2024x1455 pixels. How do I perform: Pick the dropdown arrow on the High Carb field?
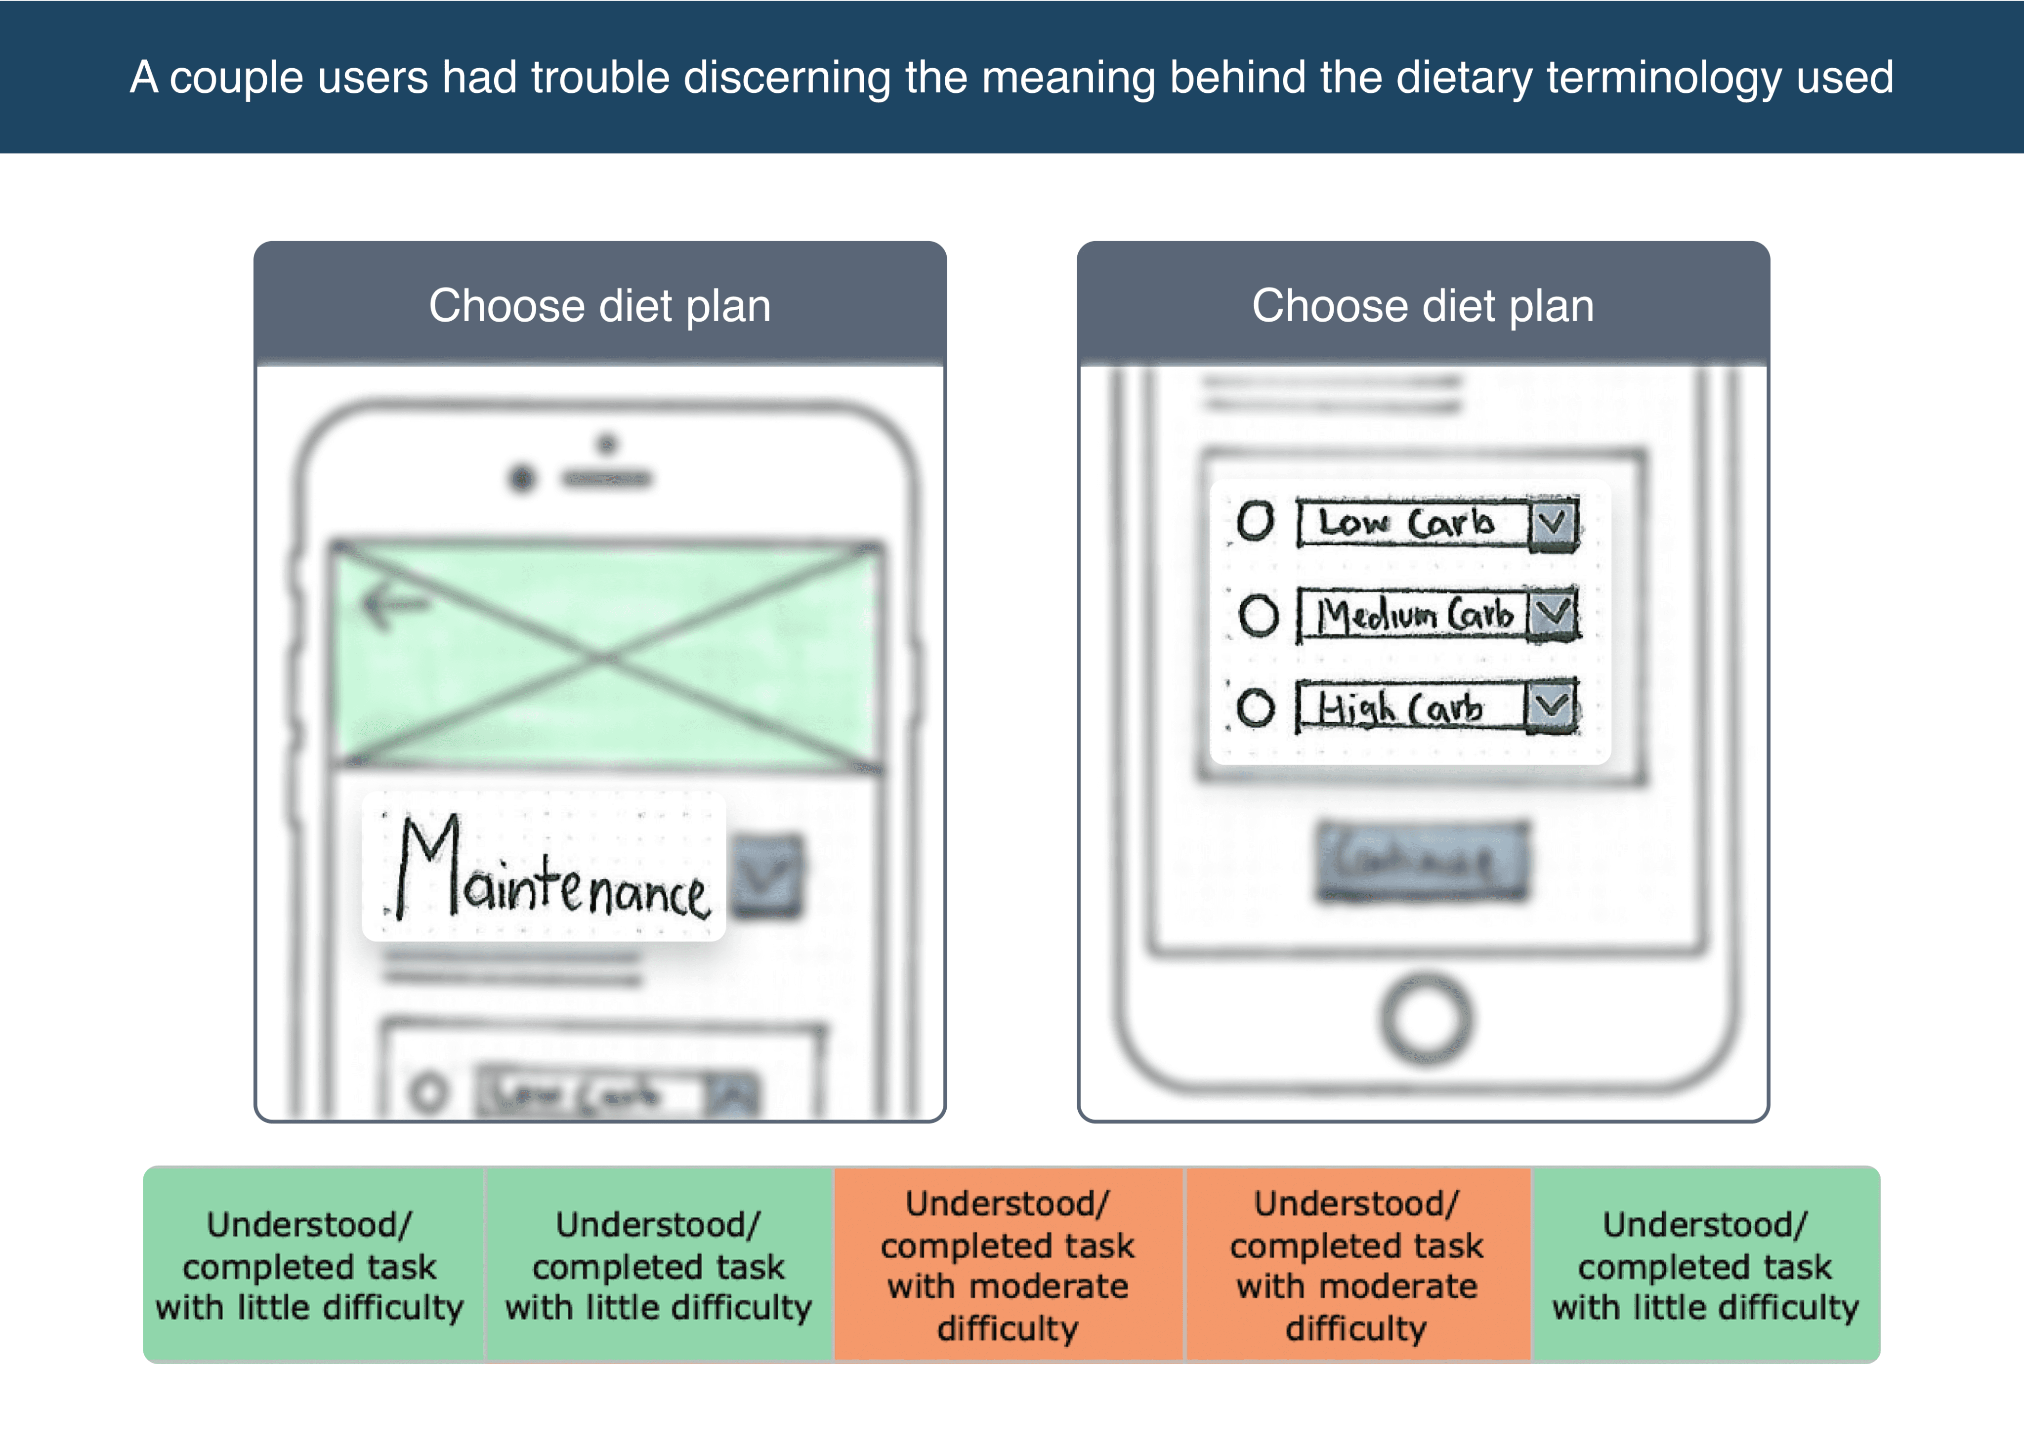coord(1552,707)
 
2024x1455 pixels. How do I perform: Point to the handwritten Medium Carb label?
coord(1415,615)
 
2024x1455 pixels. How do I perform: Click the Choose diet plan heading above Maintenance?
coord(600,306)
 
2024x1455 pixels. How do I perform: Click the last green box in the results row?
coord(1705,1265)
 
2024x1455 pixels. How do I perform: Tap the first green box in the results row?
coord(310,1265)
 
